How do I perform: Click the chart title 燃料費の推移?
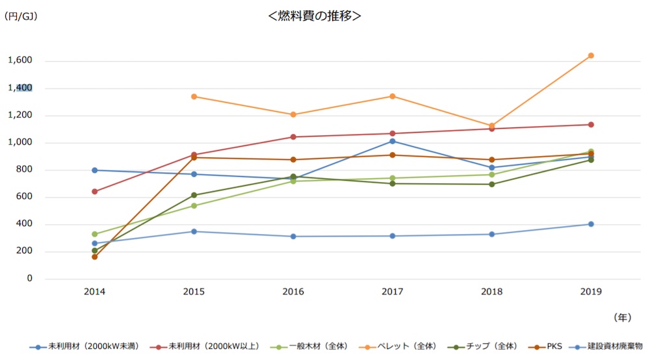[315, 16]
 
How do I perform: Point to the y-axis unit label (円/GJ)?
[21, 17]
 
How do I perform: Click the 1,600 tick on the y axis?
[20, 61]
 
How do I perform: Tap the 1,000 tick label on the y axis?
[20, 143]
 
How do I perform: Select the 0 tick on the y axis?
[29, 279]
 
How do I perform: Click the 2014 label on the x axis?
[94, 292]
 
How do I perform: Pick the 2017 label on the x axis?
[393, 292]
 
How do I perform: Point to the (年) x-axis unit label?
[621, 317]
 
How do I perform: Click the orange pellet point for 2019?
[591, 56]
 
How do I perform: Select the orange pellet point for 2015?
[194, 96]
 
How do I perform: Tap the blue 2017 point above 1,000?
[393, 141]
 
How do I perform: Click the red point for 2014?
[94, 192]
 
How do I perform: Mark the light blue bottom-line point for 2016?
[293, 237]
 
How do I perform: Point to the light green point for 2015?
[194, 206]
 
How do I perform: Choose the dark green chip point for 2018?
[492, 185]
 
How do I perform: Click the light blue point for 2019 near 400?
[591, 224]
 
